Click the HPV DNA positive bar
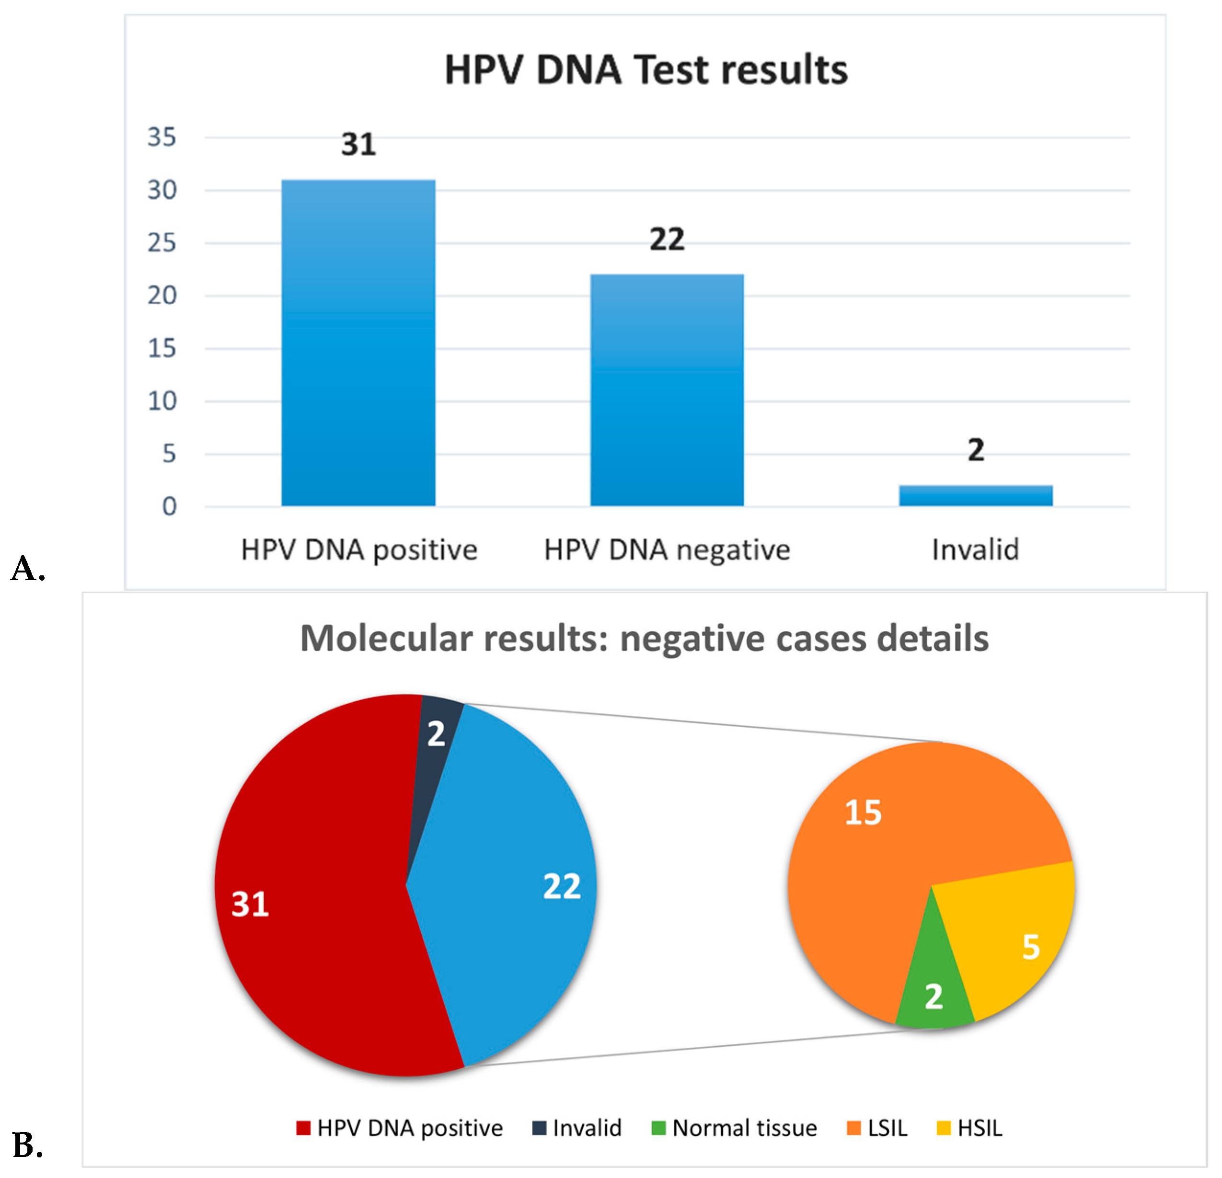[358, 343]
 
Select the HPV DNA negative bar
[667, 389]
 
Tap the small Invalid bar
[975, 495]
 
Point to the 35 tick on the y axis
[161, 137]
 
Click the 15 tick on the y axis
[161, 348]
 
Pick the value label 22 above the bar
[667, 240]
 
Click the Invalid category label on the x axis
[975, 550]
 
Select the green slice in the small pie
[934, 991]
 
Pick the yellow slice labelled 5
[1016, 935]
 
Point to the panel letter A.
[27, 569]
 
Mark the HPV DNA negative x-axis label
[667, 550]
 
